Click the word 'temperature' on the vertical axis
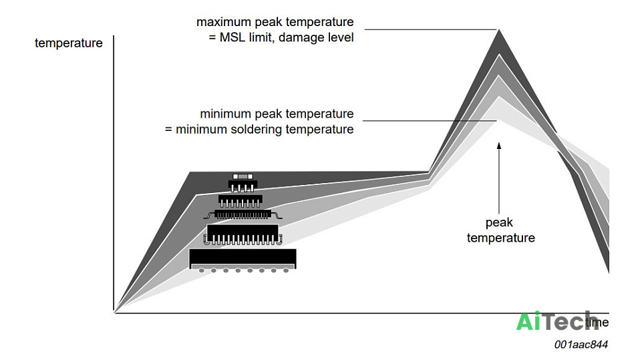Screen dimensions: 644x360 (x=69, y=43)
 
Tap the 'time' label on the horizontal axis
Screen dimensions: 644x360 (x=597, y=322)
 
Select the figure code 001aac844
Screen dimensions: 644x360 (x=581, y=345)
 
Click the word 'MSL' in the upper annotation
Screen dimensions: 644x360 (x=232, y=37)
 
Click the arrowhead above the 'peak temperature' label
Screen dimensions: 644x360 (x=499, y=146)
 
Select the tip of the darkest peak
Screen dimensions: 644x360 (x=499, y=29)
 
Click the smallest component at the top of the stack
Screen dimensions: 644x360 (x=243, y=176)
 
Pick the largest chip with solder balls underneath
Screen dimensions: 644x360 (x=243, y=260)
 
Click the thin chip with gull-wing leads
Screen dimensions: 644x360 (x=243, y=214)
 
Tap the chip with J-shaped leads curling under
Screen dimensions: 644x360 (x=243, y=235)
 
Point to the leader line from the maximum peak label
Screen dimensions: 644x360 (x=430, y=29)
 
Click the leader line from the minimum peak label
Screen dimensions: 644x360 (x=430, y=121)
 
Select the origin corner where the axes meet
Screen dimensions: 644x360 (x=114, y=313)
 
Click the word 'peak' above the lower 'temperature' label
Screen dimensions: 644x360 (x=499, y=223)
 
